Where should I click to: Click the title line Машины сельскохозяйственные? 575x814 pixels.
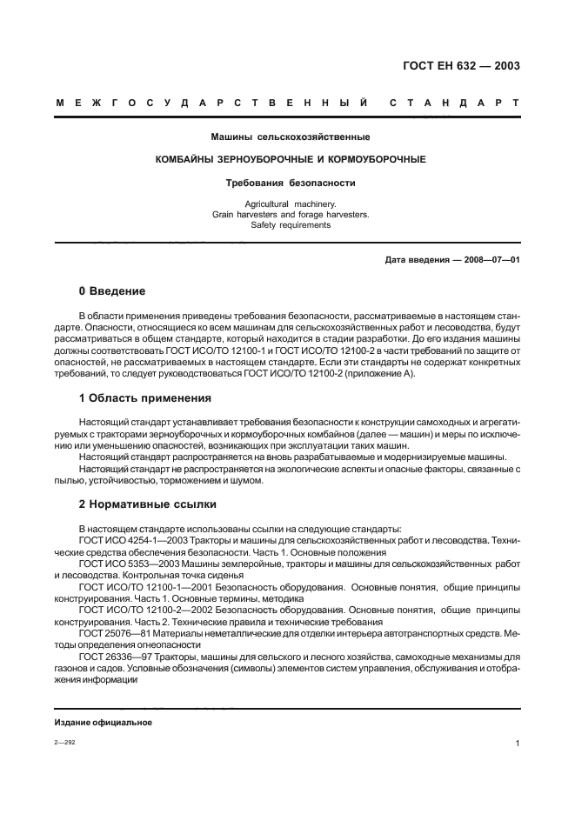[x=291, y=137]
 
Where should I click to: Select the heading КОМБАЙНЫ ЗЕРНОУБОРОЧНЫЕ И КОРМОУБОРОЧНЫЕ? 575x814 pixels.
[x=291, y=160]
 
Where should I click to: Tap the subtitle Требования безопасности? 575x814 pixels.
[x=291, y=183]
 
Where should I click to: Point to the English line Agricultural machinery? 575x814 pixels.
[x=291, y=203]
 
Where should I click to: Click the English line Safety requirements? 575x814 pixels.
[x=291, y=224]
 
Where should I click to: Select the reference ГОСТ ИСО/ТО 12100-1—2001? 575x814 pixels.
[x=141, y=587]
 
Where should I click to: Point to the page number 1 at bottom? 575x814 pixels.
[x=517, y=744]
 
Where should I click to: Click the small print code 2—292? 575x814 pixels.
[x=64, y=743]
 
